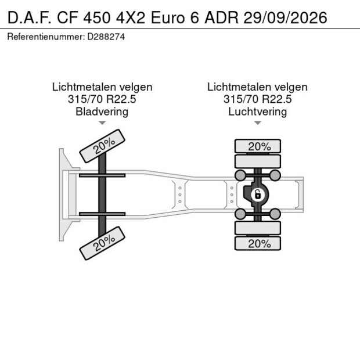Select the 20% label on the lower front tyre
coord(103,243)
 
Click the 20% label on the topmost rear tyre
coord(258,146)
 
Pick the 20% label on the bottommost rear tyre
coord(258,244)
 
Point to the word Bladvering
coord(102,111)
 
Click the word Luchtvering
coord(257,111)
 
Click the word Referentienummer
coord(44,37)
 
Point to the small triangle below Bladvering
coord(102,123)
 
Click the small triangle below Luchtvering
coord(257,123)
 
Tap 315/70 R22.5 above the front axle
coord(102,99)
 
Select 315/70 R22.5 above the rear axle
coord(257,99)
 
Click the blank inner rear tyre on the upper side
coord(258,161)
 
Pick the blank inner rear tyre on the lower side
coord(258,228)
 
